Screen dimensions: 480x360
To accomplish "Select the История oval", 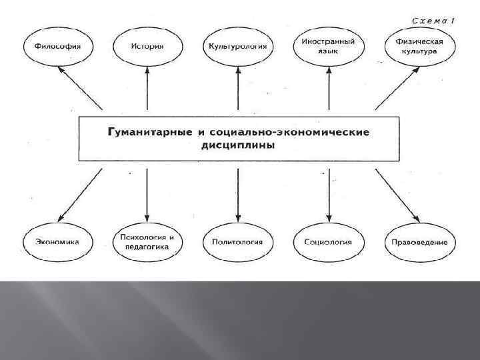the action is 147,47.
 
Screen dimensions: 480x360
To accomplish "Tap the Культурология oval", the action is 238,47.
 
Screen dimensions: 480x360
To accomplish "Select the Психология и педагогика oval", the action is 147,242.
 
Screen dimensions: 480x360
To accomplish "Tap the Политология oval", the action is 238,243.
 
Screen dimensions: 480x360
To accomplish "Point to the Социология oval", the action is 328,243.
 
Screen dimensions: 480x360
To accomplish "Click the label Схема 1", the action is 433,21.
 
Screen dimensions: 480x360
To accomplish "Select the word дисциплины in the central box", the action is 237,145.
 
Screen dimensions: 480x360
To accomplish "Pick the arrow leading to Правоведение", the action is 397,196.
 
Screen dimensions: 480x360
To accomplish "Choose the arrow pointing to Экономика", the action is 80,196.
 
